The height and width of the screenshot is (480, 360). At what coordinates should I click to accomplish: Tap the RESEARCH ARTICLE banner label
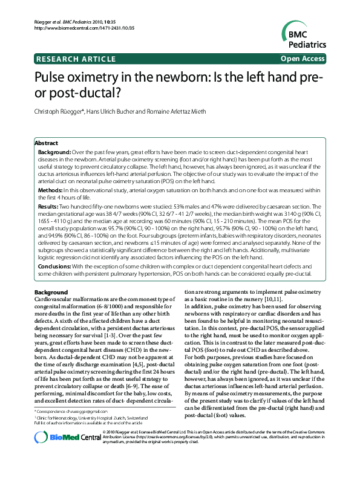click(x=76, y=59)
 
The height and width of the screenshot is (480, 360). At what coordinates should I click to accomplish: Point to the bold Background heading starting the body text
click(x=51, y=293)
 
